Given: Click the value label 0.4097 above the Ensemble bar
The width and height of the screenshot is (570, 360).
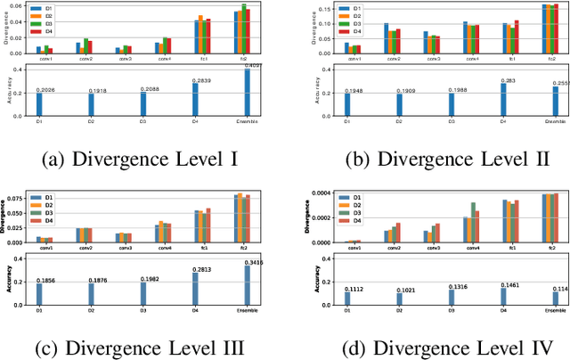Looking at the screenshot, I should (252, 66).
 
